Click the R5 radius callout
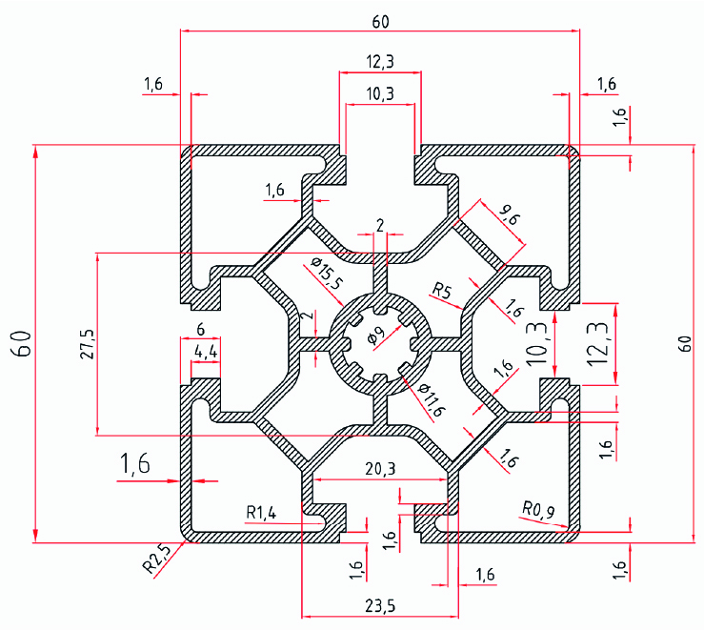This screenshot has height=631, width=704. (x=442, y=289)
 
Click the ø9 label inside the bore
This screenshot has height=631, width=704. (x=375, y=335)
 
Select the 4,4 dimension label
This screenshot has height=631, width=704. (x=205, y=353)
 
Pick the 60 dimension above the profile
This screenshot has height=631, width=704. (x=379, y=19)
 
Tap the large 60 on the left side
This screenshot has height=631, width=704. (x=21, y=344)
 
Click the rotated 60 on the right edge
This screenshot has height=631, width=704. (x=685, y=344)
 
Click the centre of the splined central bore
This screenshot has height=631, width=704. (x=380, y=342)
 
